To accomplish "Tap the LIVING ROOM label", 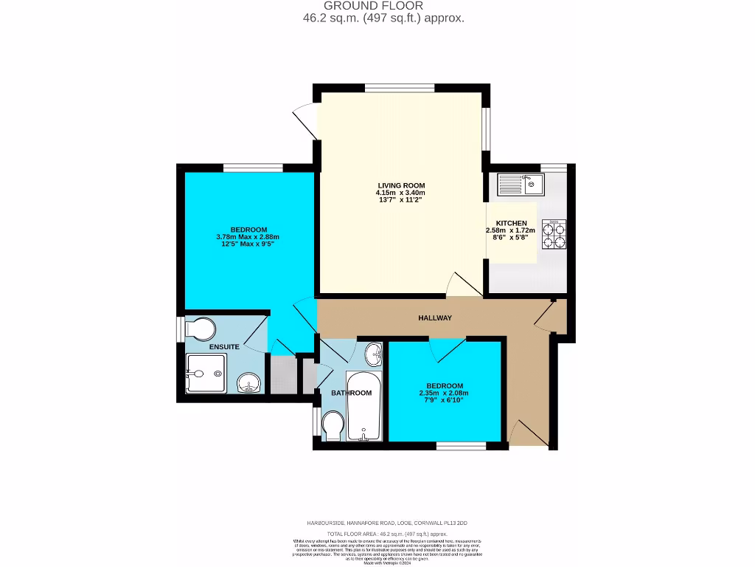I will coord(401,185).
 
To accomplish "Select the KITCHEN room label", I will coord(511,223).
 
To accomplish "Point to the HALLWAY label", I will coord(434,318).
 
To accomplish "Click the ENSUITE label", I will coord(223,346).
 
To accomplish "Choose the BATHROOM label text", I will coord(351,393).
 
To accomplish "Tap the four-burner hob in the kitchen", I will coord(554,234).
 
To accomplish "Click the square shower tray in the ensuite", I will coord(206,373).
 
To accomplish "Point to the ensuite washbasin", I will coord(249,382).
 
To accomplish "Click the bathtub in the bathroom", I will coord(362,406).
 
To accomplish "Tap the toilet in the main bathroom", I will coord(333,427).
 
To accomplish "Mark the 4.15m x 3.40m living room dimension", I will coord(401,193).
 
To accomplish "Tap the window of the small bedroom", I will coord(461,445).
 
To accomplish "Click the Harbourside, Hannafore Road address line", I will coord(398,523).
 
